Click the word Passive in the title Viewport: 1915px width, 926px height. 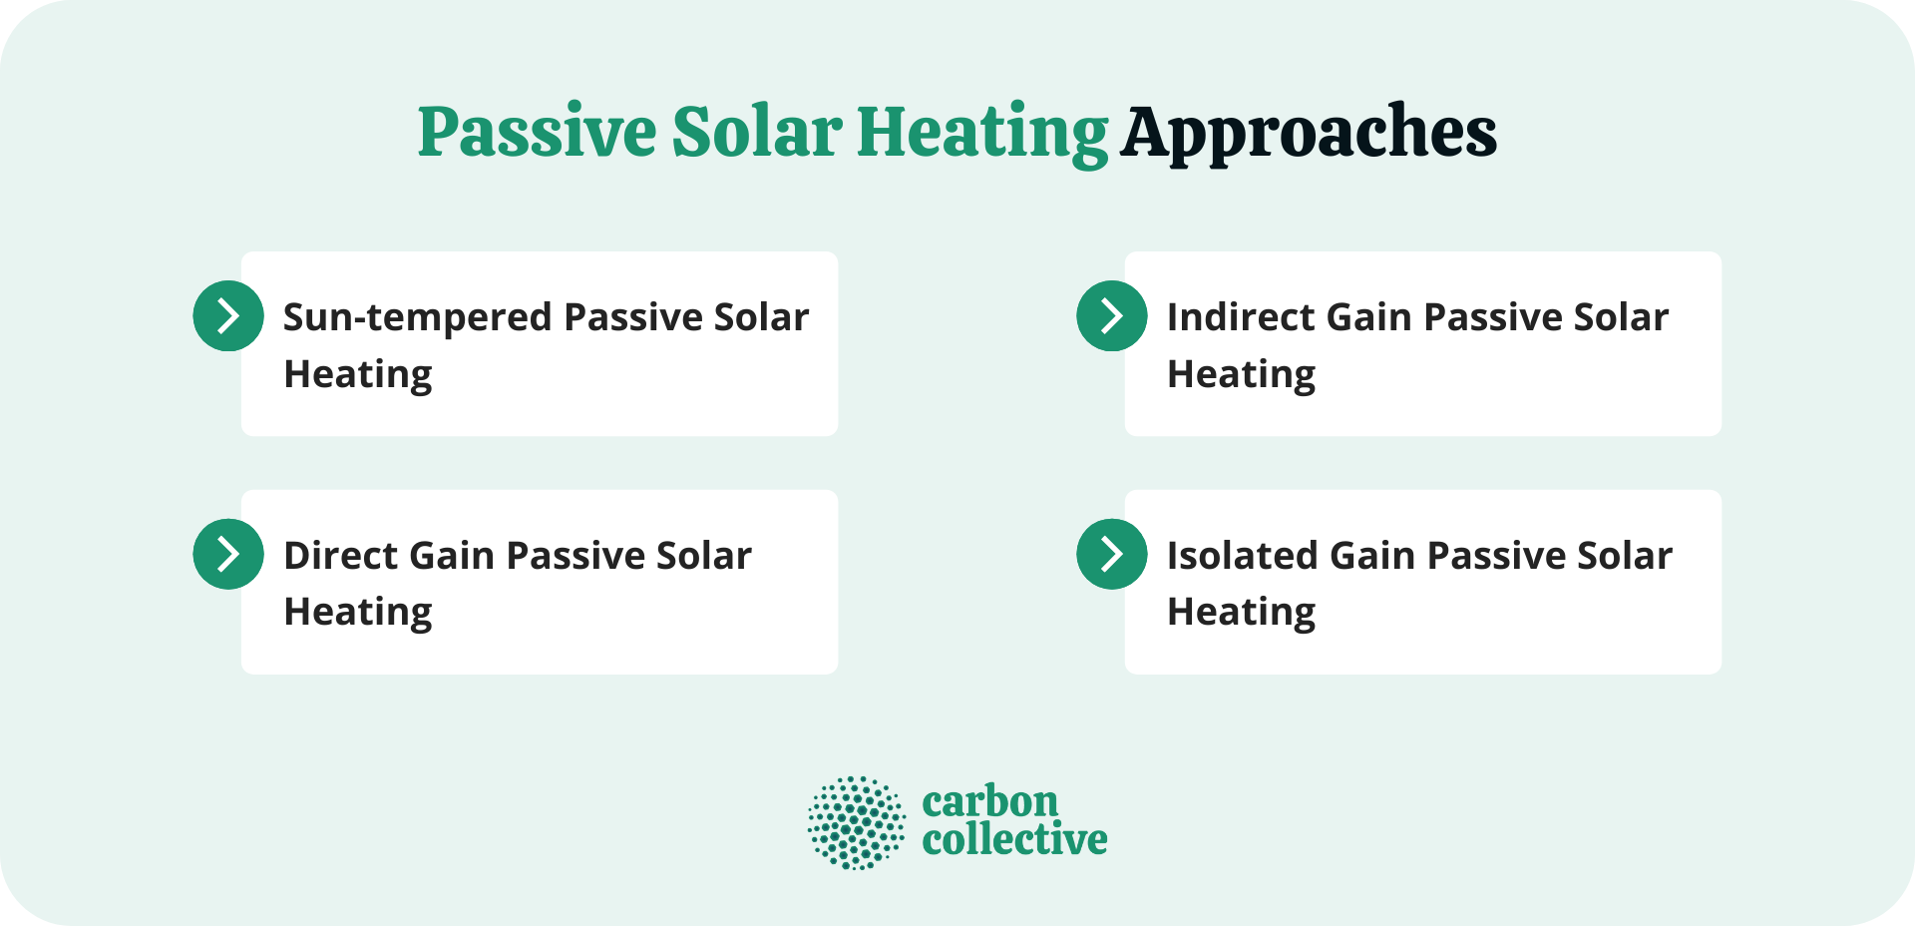point(537,133)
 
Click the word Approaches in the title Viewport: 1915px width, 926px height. point(1308,133)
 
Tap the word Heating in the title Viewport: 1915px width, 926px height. point(981,133)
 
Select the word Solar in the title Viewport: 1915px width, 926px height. point(757,133)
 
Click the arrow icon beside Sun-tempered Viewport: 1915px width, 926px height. point(228,316)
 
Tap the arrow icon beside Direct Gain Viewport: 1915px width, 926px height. point(228,554)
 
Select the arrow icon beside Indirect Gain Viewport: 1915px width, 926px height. point(1112,316)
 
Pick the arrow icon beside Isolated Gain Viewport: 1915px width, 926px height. point(1112,554)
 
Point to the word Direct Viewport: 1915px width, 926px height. point(340,556)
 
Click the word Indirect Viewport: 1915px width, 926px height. point(1238,317)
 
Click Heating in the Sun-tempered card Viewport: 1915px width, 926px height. point(358,375)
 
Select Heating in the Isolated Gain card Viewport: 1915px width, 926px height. point(1242,613)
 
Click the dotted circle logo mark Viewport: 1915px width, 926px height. point(857,823)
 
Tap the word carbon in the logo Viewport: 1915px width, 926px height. point(989,802)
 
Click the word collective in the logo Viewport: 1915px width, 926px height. point(1014,840)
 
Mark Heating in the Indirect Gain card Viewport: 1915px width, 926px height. point(1242,375)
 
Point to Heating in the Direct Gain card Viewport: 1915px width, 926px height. point(358,613)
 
